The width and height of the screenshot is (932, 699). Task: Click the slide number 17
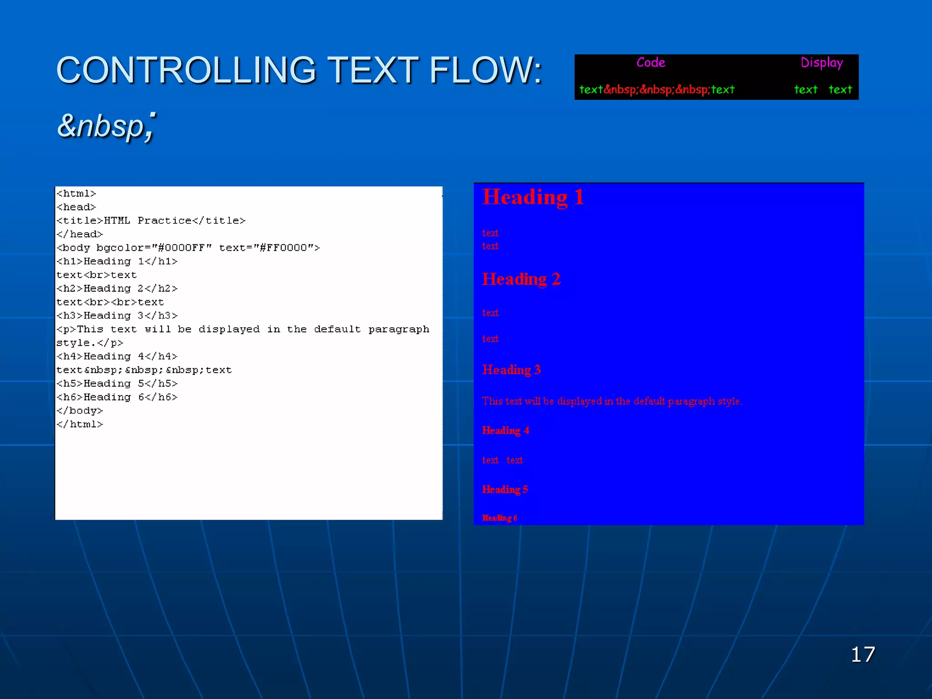coord(863,654)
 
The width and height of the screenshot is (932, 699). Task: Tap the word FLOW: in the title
coord(486,71)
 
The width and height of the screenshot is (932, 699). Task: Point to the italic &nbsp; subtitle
coord(106,126)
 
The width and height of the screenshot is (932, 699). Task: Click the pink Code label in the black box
coord(651,62)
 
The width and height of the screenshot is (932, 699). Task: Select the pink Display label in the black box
coord(821,63)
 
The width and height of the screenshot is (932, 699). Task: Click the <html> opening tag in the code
coord(76,193)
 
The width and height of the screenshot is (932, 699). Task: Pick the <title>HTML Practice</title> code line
coord(151,221)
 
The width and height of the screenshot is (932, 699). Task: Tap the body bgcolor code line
coord(188,248)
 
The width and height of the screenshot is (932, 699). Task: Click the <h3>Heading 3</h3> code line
coord(117,315)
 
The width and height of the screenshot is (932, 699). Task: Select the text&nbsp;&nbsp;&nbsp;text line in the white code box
coord(144,370)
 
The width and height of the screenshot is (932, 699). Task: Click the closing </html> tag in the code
coord(80,424)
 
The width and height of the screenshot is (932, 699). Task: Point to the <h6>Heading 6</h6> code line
coord(117,397)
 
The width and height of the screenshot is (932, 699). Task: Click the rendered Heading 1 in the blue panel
coord(533,198)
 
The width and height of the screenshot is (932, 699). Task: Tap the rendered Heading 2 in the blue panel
coord(521,279)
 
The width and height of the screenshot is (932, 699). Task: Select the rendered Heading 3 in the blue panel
coord(512,370)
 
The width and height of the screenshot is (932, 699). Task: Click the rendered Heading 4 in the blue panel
coord(506,431)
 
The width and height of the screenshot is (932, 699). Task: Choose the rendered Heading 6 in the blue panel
coord(500,518)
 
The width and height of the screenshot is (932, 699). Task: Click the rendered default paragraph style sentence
coord(612,401)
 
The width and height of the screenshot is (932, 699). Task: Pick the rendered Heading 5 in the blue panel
coord(505,490)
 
